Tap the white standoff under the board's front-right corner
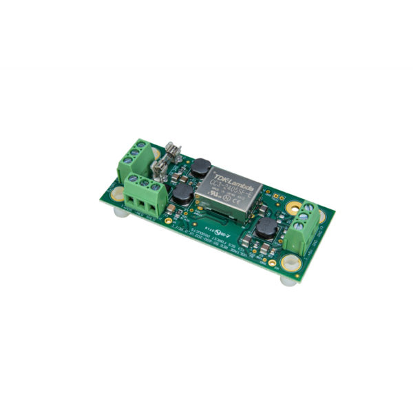pyautogui.click(x=284, y=281)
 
